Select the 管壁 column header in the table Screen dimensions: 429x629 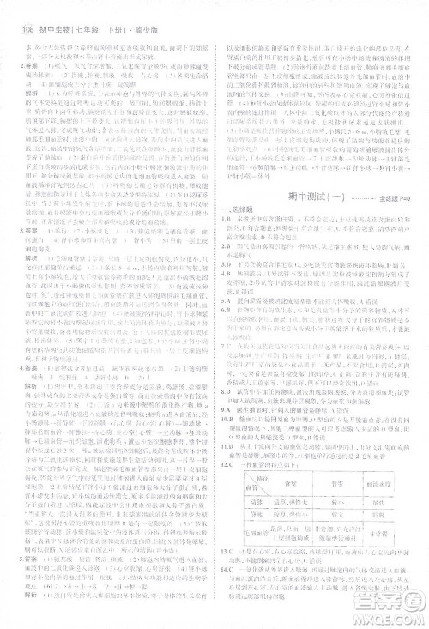[x=291, y=484]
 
